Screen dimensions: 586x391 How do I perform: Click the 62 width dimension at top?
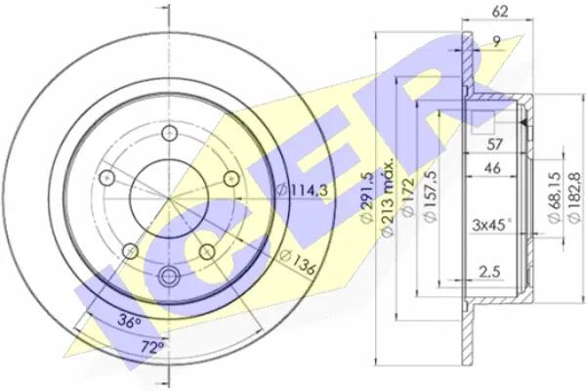tap(500, 12)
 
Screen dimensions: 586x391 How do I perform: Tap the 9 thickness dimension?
tap(497, 41)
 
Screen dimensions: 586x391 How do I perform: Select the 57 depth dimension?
tap(494, 144)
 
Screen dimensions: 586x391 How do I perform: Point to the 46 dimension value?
tap(492, 168)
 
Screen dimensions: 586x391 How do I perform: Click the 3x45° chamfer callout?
tap(491, 225)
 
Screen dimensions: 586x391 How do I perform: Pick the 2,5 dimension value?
tap(489, 272)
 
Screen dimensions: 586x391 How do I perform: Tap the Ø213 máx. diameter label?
tap(388, 197)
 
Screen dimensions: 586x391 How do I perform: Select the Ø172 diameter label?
tap(408, 196)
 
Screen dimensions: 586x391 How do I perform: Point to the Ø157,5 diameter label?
tap(431, 196)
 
